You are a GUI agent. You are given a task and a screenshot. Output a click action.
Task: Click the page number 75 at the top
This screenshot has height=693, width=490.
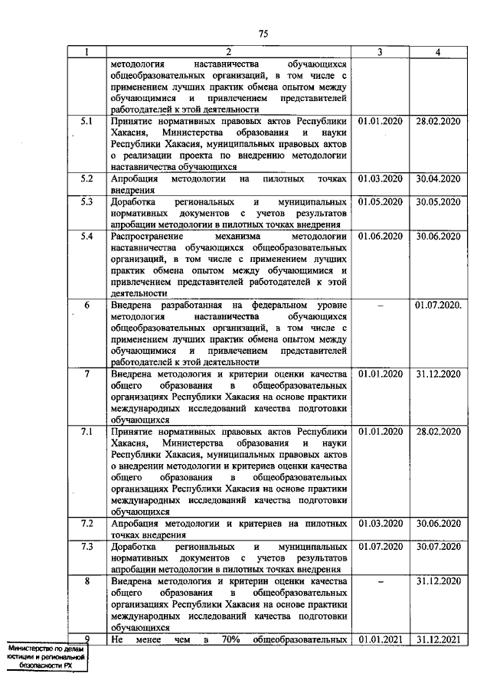pos(263,33)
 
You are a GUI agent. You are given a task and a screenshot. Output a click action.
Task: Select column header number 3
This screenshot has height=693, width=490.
pos(381,52)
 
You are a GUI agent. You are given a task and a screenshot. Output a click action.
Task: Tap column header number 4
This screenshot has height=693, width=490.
pos(437,52)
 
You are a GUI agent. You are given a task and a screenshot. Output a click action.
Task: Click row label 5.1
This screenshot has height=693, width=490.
pos(87,121)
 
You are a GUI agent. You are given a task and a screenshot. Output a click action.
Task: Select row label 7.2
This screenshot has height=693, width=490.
pos(87,523)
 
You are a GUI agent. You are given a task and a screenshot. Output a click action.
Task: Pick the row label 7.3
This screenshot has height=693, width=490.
pos(87,546)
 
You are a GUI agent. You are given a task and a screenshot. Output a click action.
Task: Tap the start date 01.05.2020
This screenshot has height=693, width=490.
pos(381,201)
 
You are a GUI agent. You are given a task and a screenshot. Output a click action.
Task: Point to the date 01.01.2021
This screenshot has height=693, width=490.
pos(381,639)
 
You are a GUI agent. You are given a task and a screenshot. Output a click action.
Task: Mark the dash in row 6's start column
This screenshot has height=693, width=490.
pos(381,306)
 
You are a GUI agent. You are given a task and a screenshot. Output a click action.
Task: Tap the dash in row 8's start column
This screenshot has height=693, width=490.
pos(381,581)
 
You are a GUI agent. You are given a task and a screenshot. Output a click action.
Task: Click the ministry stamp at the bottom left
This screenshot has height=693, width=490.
pos(44,657)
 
